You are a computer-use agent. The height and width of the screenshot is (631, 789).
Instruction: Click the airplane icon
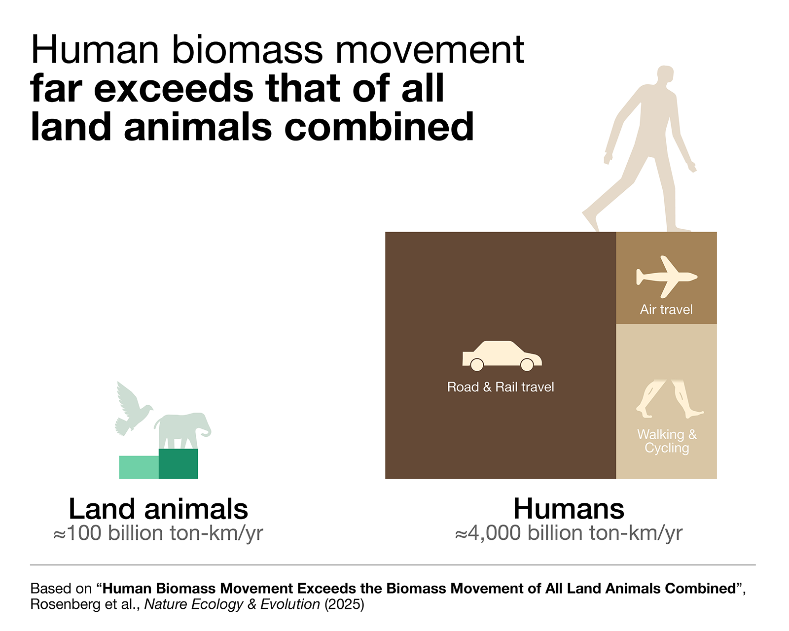tap(666, 277)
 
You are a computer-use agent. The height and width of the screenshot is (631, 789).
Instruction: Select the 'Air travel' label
tap(666, 310)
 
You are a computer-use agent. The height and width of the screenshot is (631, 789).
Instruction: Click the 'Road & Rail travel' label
tap(501, 387)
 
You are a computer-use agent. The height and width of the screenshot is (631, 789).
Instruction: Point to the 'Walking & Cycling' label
tap(667, 441)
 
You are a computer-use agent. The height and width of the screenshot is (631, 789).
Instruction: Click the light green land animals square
tap(139, 467)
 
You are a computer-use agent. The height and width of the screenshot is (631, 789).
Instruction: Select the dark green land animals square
tap(179, 464)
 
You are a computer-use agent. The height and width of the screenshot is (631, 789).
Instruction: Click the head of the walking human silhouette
tap(665, 76)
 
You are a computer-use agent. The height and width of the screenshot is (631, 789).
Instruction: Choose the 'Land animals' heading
tap(158, 509)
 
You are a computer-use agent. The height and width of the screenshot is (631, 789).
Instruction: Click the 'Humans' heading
tap(569, 509)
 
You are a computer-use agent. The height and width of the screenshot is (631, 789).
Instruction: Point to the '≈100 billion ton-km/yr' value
tap(158, 533)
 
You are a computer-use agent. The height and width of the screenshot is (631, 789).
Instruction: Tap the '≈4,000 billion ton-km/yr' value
tap(569, 533)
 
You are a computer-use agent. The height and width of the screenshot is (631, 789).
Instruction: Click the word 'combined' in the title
tap(379, 127)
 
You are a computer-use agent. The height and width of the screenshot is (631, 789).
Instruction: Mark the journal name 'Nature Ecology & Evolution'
tap(232, 604)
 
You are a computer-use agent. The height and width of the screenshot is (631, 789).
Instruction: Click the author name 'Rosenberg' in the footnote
tap(65, 604)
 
